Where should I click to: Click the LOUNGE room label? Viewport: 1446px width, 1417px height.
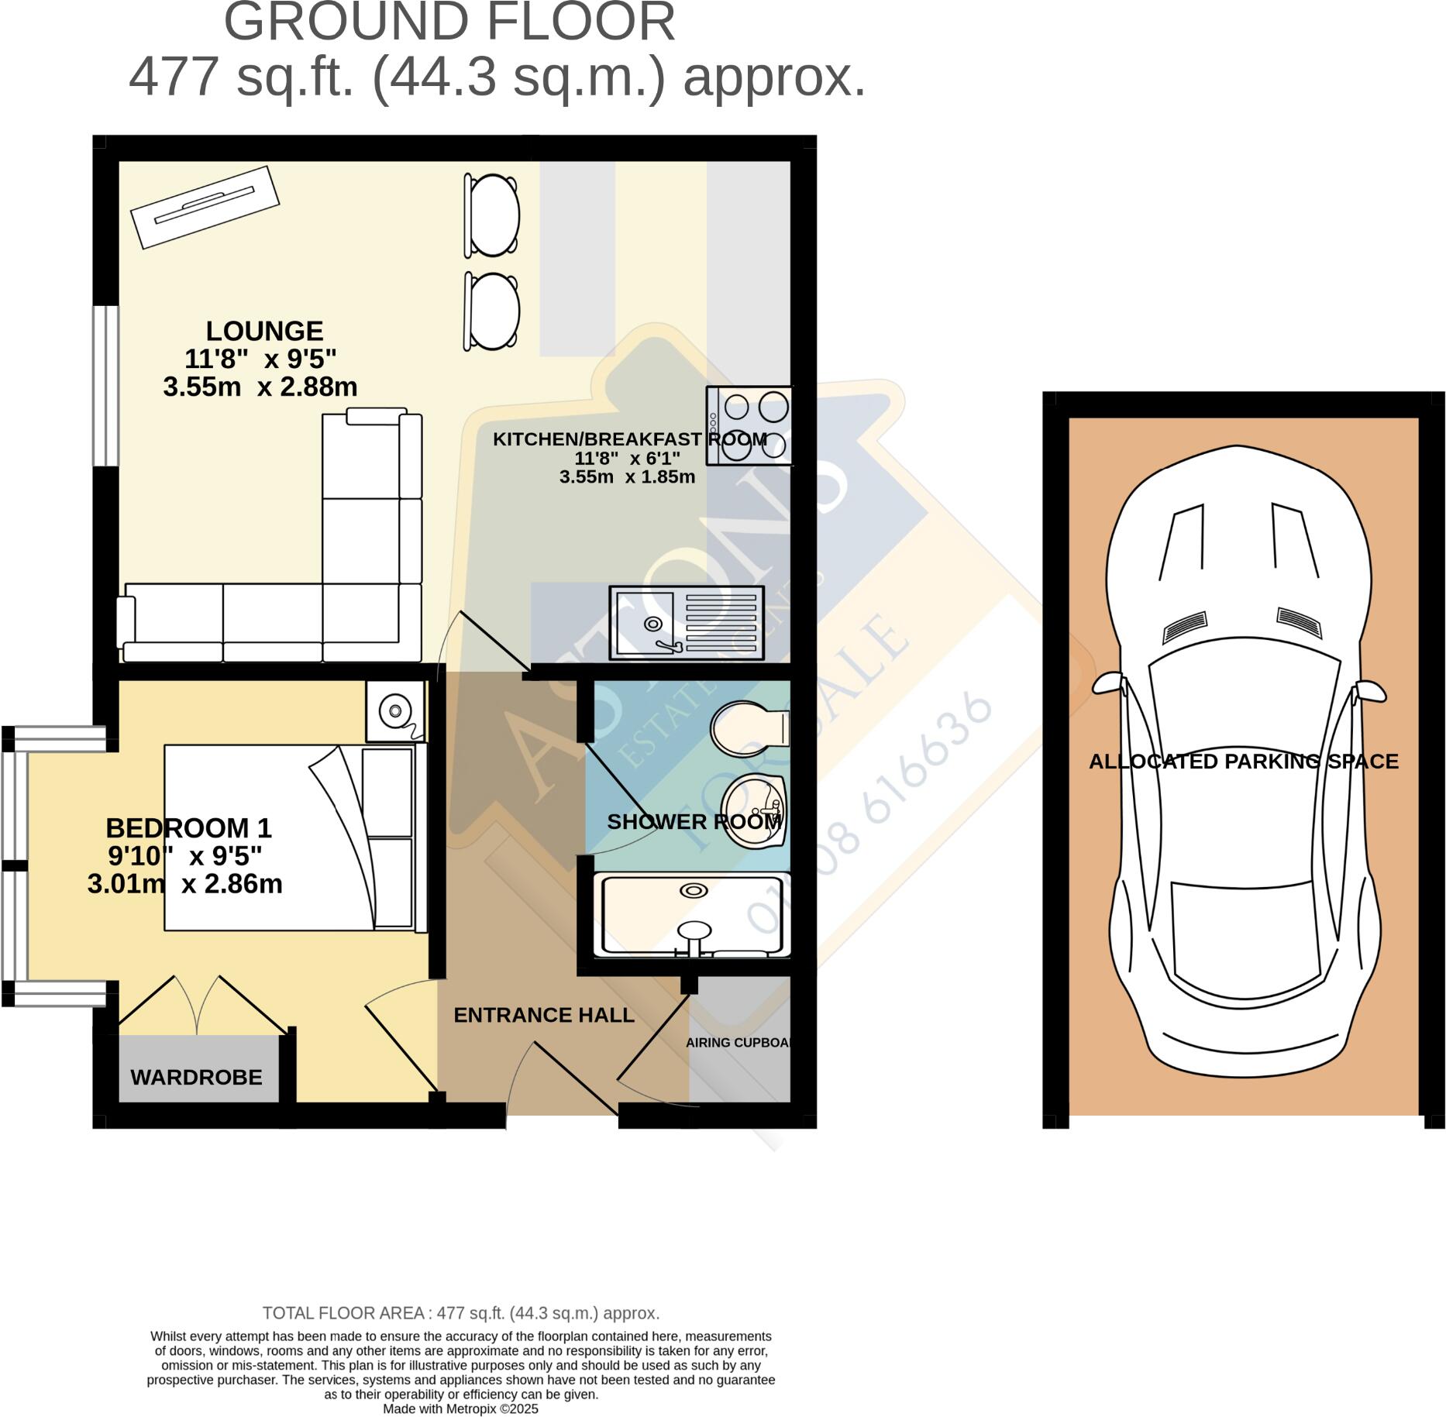(264, 331)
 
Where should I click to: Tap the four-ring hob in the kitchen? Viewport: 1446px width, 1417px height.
(749, 425)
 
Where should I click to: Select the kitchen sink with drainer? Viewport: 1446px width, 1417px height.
(686, 622)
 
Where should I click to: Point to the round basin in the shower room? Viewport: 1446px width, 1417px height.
(753, 810)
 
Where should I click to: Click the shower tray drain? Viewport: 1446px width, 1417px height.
(693, 891)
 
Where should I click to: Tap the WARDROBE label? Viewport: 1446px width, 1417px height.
(196, 1077)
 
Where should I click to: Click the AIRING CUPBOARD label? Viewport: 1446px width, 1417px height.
(739, 1043)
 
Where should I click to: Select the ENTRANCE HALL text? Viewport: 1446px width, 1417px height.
(544, 1015)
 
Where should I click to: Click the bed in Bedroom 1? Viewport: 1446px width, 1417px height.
(294, 837)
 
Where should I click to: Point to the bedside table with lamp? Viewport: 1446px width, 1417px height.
(395, 709)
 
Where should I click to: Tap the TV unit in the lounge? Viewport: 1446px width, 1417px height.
(205, 207)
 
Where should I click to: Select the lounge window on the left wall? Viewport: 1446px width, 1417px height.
(105, 386)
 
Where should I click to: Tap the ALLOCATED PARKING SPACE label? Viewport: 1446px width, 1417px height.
(1243, 762)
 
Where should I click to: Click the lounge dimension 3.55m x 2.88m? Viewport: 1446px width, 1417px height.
(260, 387)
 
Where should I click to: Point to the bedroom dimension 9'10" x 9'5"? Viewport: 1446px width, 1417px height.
(185, 856)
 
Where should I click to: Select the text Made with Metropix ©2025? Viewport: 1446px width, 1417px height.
(460, 1408)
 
